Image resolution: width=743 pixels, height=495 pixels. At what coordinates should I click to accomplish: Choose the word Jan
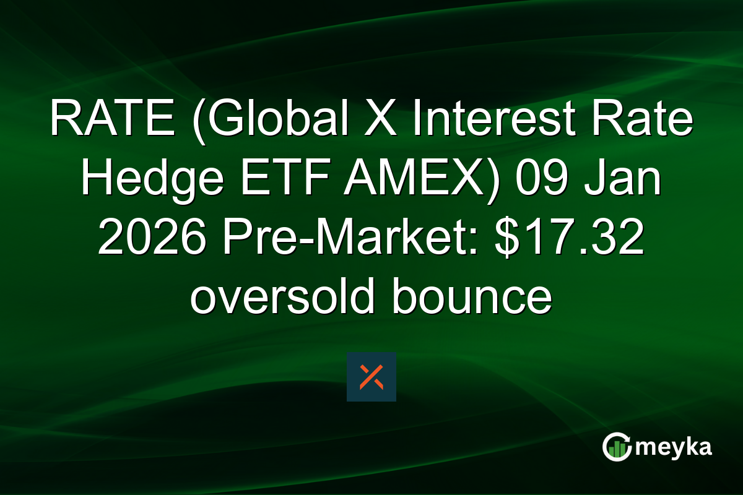(625, 179)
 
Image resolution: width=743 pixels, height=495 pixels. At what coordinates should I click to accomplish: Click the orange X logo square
(371, 377)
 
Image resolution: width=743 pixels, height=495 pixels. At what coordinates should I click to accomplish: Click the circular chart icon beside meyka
(617, 447)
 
